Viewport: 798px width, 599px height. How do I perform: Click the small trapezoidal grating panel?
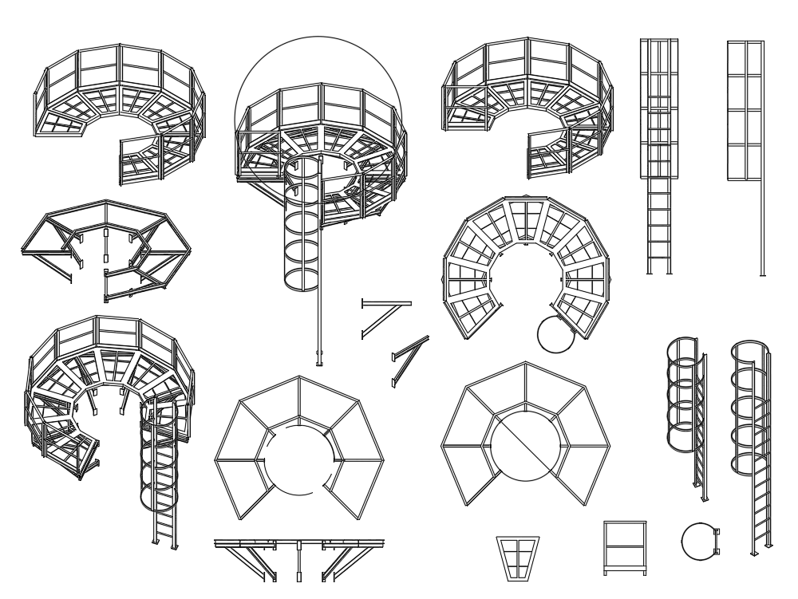518,556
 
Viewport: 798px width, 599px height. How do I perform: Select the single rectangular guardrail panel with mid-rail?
625,546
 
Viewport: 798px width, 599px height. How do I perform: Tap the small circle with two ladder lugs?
700,541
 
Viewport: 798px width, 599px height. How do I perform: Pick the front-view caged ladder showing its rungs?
658,156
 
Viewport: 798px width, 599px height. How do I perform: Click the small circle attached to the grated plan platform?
555,335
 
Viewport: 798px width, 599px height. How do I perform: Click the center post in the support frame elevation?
298,562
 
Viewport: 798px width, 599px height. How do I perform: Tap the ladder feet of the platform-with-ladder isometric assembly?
165,545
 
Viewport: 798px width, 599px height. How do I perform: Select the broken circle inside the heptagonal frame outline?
298,460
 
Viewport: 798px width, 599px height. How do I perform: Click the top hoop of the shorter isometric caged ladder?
682,345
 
